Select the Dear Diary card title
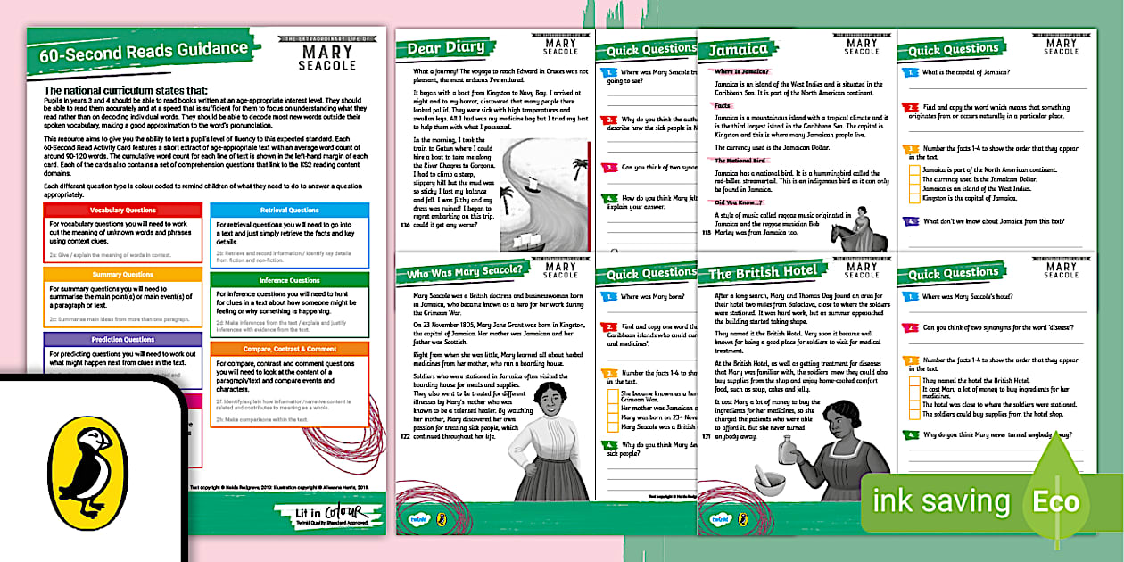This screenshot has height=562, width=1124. point(446,48)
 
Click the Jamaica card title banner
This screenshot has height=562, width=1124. point(738,50)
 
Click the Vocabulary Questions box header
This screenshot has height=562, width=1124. point(122,210)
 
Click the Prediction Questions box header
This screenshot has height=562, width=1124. point(122,340)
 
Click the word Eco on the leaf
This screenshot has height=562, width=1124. point(1056,503)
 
